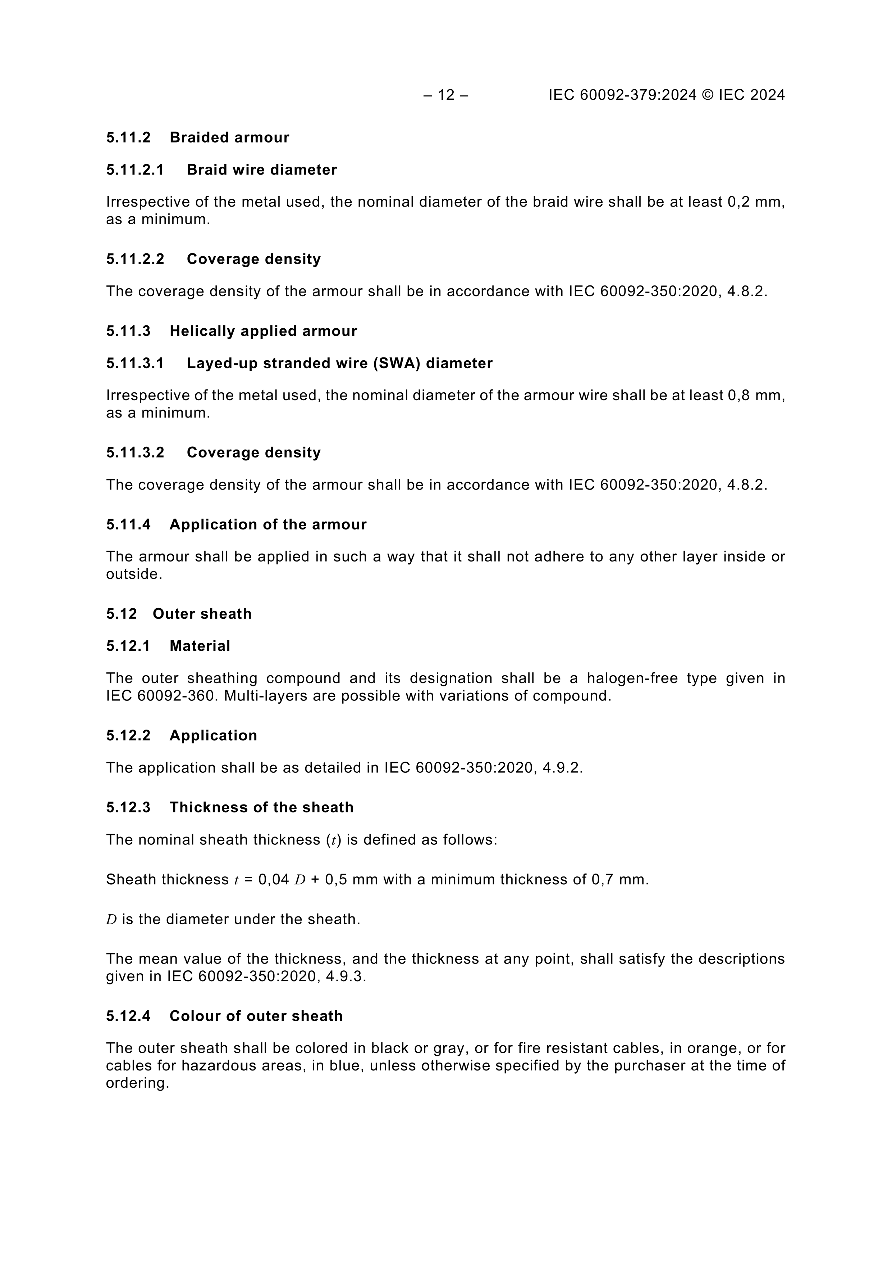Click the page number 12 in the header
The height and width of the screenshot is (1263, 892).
pyautogui.click(x=446, y=95)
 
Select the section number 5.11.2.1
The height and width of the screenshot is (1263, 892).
pyautogui.click(x=135, y=170)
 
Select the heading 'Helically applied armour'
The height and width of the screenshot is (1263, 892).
pyautogui.click(x=263, y=331)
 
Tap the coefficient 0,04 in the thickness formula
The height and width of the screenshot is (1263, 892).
pyautogui.click(x=274, y=880)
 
